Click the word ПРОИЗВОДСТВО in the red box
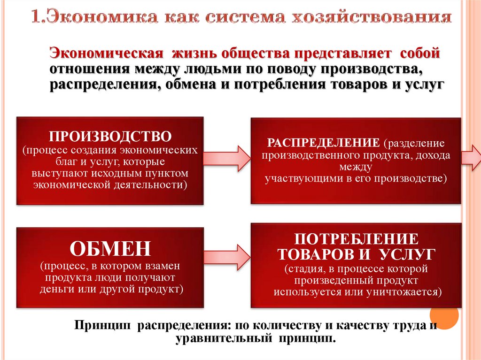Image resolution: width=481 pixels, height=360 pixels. click(110, 137)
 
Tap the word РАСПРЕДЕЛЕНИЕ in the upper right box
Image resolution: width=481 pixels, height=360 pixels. click(323, 142)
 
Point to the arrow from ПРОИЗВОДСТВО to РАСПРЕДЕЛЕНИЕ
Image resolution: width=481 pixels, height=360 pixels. click(227, 158)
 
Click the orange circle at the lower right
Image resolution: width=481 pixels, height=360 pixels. click(444, 318)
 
